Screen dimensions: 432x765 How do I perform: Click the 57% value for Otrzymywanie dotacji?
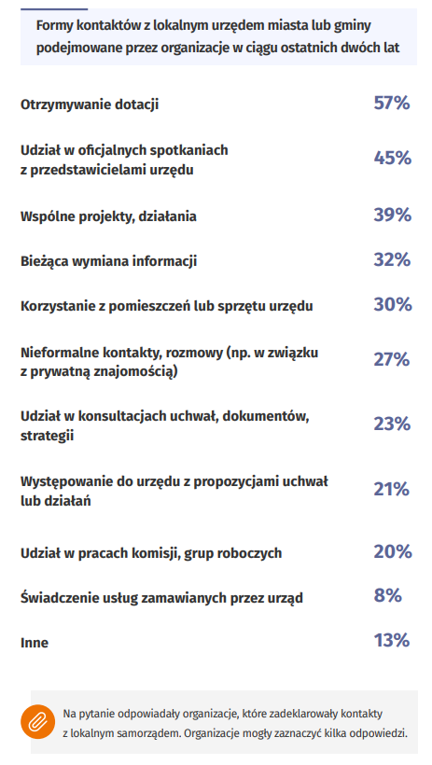[392, 103]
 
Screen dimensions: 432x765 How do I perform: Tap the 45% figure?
[393, 158]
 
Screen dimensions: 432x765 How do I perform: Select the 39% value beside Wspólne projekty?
[393, 215]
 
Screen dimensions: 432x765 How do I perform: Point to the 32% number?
[392, 259]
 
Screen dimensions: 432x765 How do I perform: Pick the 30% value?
[393, 304]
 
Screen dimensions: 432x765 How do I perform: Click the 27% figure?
[392, 359]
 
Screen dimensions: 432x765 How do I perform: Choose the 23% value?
[392, 424]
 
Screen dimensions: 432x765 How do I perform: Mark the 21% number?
[392, 489]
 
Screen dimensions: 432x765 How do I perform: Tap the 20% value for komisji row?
[393, 551]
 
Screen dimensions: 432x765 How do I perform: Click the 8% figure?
[387, 596]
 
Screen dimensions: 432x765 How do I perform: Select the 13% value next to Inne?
[392, 641]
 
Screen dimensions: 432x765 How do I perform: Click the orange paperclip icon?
[37, 722]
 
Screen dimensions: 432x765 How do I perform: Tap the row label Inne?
[35, 643]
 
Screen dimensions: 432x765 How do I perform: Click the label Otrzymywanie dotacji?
[90, 104]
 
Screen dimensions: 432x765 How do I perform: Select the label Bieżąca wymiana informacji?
[108, 261]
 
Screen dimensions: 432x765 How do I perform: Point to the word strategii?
[47, 436]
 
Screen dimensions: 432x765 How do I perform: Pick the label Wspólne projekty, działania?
[108, 216]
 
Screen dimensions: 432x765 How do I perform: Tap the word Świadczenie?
[54, 598]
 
